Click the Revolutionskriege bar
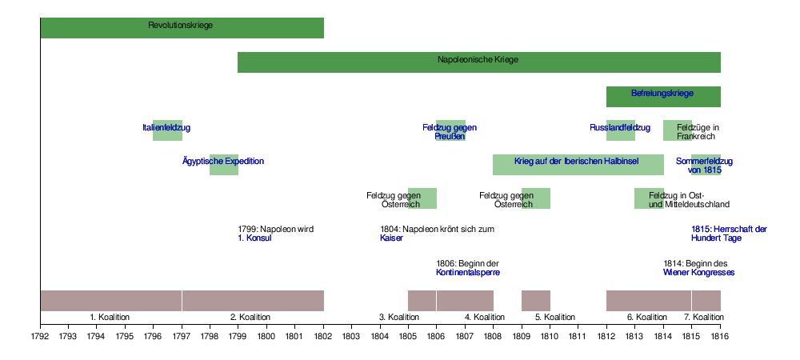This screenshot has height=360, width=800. pyautogui.click(x=182, y=27)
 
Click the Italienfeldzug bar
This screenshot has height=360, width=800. pyautogui.click(x=167, y=130)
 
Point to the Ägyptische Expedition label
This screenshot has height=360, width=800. pyautogui.click(x=223, y=162)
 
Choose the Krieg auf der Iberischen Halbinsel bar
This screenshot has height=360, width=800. pyautogui.click(x=578, y=164)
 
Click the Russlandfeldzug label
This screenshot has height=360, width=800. pyautogui.click(x=620, y=128)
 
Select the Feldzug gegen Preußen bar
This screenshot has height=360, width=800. pyautogui.click(x=450, y=130)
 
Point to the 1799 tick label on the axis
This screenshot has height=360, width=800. pyautogui.click(x=238, y=337)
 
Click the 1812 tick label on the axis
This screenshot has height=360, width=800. pyautogui.click(x=606, y=337)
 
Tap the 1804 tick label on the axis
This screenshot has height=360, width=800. pyautogui.click(x=380, y=337)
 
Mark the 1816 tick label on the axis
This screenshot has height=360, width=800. pyautogui.click(x=720, y=337)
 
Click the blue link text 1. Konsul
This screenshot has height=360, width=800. pyautogui.click(x=254, y=238)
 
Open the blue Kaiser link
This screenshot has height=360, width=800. pyautogui.click(x=391, y=238)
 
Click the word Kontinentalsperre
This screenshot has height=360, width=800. pyautogui.click(x=468, y=273)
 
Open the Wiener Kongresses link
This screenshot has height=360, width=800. pyautogui.click(x=698, y=273)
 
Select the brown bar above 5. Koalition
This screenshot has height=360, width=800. pyautogui.click(x=535, y=300)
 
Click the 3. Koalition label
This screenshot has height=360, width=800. pyautogui.click(x=399, y=318)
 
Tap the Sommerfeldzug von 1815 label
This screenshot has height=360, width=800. pyautogui.click(x=704, y=166)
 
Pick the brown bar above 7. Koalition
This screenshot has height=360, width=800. pyautogui.click(x=706, y=300)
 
